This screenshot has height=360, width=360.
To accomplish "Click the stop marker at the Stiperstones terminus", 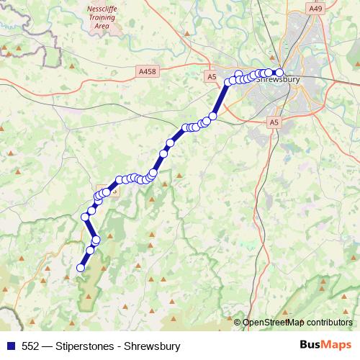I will [x=81, y=268].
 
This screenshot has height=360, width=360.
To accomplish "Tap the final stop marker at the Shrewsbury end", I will [x=279, y=71].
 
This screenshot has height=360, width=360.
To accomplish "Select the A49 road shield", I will [x=315, y=8].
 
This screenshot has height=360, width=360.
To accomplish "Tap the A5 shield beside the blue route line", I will [x=211, y=76].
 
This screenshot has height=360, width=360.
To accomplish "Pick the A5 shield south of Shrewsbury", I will [x=274, y=123].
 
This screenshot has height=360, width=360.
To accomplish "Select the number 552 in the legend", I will [x=31, y=346].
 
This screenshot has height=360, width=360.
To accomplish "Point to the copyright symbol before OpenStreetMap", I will [x=238, y=322].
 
